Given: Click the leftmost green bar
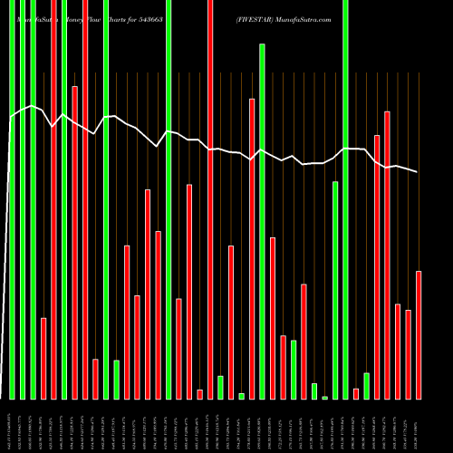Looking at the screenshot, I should tap(12, 199).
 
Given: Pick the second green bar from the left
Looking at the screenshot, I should tap(22, 199).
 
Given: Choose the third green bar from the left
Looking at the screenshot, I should tap(33, 199).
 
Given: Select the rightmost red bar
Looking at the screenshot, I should tap(419, 334).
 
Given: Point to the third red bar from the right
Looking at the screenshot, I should tap(398, 351).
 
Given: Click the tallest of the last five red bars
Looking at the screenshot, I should tap(388, 255).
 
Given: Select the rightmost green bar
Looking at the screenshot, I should tap(367, 385).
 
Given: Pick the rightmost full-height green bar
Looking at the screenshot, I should tap(346, 199).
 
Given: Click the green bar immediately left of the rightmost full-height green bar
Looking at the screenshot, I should tap(335, 290).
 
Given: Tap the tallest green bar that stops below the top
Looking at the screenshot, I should tap(262, 221).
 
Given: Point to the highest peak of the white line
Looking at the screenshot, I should tap(32, 106).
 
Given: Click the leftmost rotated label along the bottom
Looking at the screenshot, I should tap(11, 426).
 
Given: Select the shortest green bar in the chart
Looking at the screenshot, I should tap(325, 397).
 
